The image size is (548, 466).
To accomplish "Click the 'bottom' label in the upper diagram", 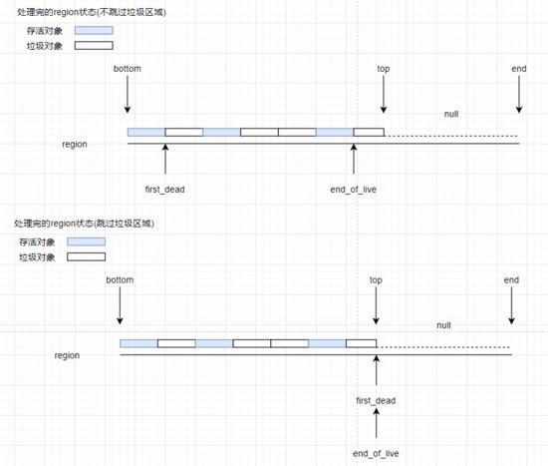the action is click(x=128, y=69).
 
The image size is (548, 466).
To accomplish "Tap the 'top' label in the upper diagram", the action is click(x=384, y=69).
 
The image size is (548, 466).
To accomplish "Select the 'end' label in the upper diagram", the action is click(x=519, y=69).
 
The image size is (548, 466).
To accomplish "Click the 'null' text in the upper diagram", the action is click(x=451, y=114).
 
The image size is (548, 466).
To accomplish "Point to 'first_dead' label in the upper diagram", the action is click(x=165, y=190).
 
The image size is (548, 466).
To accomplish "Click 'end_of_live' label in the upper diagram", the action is click(x=354, y=190).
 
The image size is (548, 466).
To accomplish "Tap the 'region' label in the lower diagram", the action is click(x=67, y=355).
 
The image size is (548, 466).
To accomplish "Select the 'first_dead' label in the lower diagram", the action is click(x=376, y=400).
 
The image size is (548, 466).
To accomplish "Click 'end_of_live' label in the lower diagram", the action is click(x=376, y=453).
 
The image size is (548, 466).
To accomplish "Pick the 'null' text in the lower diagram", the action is click(x=443, y=325).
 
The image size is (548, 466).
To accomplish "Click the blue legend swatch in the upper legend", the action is click(x=94, y=31).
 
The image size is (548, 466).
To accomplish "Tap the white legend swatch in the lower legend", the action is click(x=86, y=257).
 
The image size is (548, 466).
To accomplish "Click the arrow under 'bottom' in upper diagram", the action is click(x=128, y=95).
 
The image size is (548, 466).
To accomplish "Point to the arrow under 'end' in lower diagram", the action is click(x=512, y=306).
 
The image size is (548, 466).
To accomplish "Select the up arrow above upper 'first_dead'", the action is click(x=165, y=159).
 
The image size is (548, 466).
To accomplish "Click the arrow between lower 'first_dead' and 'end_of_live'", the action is click(x=377, y=423).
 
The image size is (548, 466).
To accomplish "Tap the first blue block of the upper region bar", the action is click(x=146, y=132).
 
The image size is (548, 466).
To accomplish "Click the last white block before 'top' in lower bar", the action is click(x=362, y=343).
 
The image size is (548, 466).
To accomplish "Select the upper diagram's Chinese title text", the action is click(x=92, y=12).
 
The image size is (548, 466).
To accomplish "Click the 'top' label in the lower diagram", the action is click(x=376, y=280).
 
